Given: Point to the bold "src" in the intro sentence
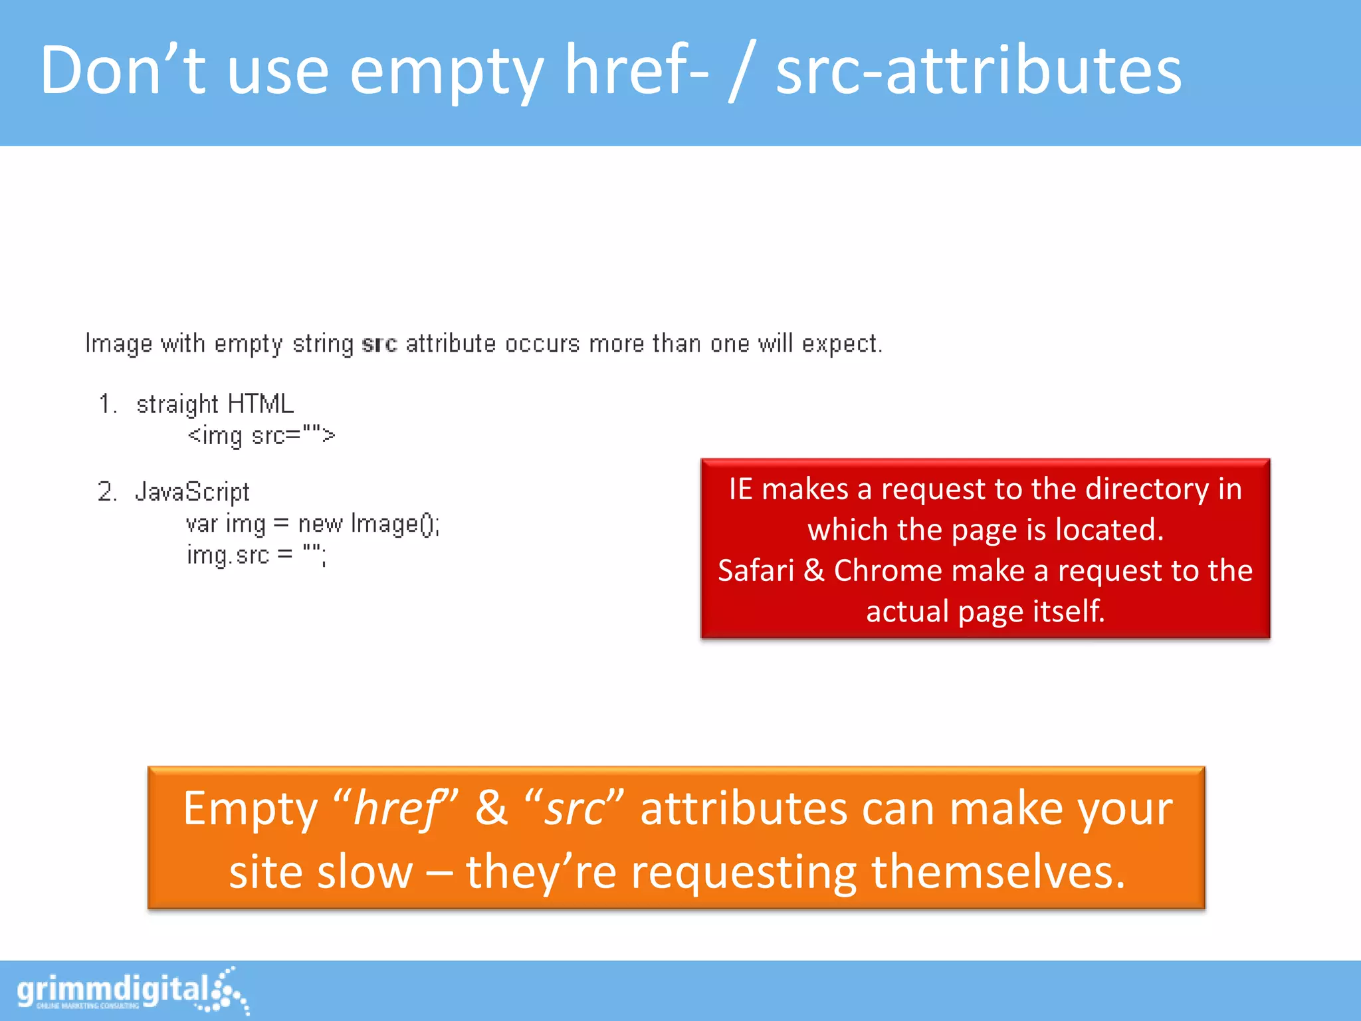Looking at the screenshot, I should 379,344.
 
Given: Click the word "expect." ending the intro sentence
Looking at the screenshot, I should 842,344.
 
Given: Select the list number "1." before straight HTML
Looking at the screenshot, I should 108,404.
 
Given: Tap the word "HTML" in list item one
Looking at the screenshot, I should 260,404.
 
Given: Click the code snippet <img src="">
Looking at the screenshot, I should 261,436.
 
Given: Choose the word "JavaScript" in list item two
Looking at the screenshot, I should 192,493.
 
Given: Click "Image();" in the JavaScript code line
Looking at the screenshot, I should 395,524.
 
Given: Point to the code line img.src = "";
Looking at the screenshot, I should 257,555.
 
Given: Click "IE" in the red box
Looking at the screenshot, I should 740,490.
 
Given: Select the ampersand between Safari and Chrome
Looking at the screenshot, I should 813,571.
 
